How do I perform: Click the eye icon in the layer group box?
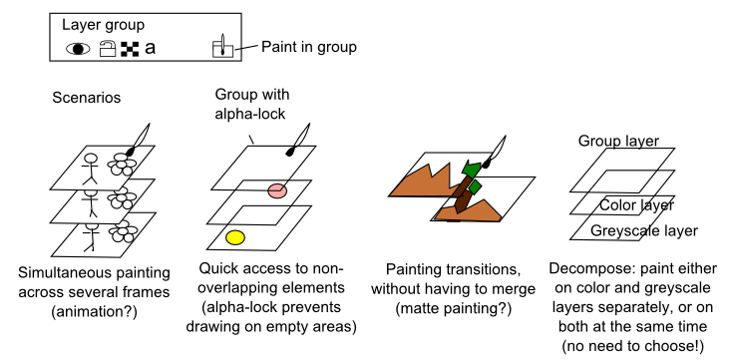click(x=78, y=49)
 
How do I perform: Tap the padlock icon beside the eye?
click(x=108, y=49)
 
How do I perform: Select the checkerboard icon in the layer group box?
click(x=130, y=49)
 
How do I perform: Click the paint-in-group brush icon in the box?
click(x=222, y=46)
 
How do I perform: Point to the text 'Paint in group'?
click(x=308, y=47)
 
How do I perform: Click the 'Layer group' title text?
click(x=103, y=25)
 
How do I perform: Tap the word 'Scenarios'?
click(x=87, y=98)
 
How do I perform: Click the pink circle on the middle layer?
click(x=277, y=190)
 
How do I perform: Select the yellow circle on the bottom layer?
click(x=235, y=237)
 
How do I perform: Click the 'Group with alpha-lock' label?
click(x=252, y=104)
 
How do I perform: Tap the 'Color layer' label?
click(x=637, y=205)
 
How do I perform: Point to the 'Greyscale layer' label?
click(x=644, y=230)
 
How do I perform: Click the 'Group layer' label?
click(x=618, y=141)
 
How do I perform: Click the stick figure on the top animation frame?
click(x=91, y=168)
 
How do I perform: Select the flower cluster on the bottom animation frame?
click(x=123, y=231)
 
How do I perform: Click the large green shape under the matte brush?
click(x=471, y=169)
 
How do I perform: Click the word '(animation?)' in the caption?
click(x=94, y=312)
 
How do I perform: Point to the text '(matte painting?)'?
click(x=454, y=309)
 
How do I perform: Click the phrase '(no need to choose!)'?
click(x=632, y=346)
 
